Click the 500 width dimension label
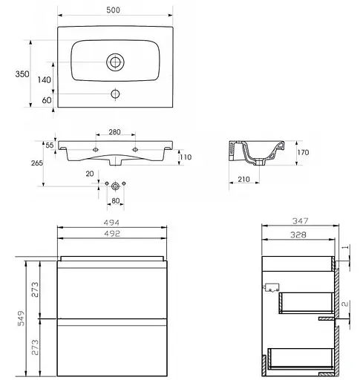[114, 10]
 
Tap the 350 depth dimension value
[22, 73]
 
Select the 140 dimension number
[45, 79]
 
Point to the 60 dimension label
[47, 100]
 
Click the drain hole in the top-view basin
[115, 62]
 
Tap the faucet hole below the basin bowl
[115, 94]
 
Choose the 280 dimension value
[114, 132]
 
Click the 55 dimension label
[50, 145]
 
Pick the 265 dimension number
[37, 163]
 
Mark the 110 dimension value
[186, 157]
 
